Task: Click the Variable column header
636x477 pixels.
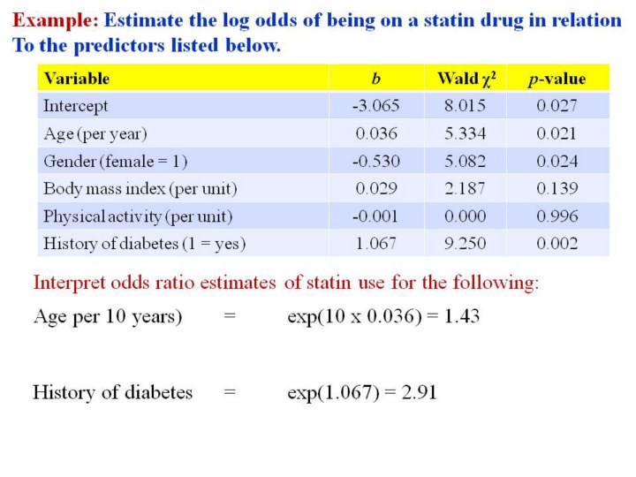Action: tap(77, 79)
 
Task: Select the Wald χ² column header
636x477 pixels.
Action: tap(466, 79)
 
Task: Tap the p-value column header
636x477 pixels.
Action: tap(556, 79)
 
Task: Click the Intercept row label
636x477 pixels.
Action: tap(76, 106)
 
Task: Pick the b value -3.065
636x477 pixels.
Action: tap(375, 106)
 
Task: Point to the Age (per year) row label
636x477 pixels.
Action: tap(95, 133)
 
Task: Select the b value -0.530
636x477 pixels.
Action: tap(375, 162)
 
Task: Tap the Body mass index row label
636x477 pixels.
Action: tap(140, 189)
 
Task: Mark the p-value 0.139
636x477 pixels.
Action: tap(556, 189)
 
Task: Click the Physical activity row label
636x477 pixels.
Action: tap(138, 216)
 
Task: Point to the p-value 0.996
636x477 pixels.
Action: tap(556, 216)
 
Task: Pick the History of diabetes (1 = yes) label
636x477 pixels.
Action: tap(145, 244)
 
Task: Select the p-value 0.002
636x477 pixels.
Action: tap(556, 244)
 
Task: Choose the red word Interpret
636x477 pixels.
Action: tap(69, 284)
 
